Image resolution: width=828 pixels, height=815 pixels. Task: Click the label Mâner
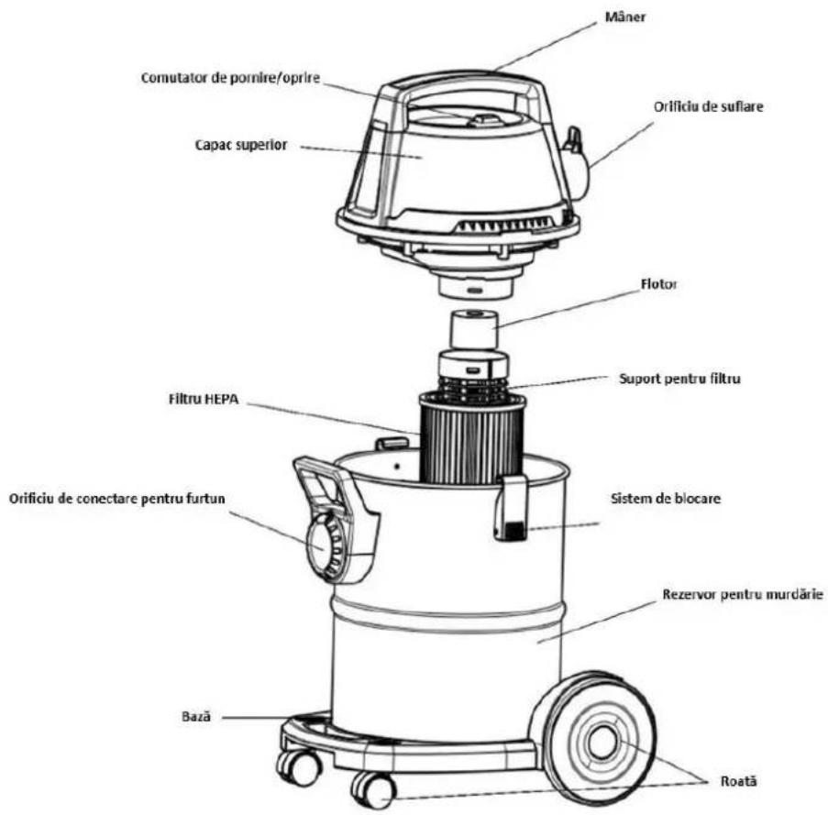(624, 17)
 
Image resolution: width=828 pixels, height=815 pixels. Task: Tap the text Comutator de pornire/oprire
(230, 78)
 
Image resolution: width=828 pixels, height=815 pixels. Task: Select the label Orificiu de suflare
(708, 106)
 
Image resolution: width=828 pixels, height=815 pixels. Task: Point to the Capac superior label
(241, 145)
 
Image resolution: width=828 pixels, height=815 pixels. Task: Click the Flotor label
(658, 284)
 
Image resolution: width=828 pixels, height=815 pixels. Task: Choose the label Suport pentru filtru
(679, 379)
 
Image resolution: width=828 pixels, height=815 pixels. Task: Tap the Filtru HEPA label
(204, 399)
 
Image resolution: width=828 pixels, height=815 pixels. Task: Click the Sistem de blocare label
(666, 499)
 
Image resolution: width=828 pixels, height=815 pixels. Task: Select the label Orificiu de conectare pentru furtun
(116, 499)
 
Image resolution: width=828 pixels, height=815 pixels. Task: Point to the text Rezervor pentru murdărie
(743, 594)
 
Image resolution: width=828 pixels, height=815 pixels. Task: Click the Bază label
(196, 716)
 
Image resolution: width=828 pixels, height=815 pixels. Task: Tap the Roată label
(738, 781)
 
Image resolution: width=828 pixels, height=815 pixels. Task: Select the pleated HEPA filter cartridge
(471, 438)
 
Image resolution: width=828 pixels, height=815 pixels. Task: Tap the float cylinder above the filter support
(474, 330)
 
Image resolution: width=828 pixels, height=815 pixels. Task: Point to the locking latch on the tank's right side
(510, 508)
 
